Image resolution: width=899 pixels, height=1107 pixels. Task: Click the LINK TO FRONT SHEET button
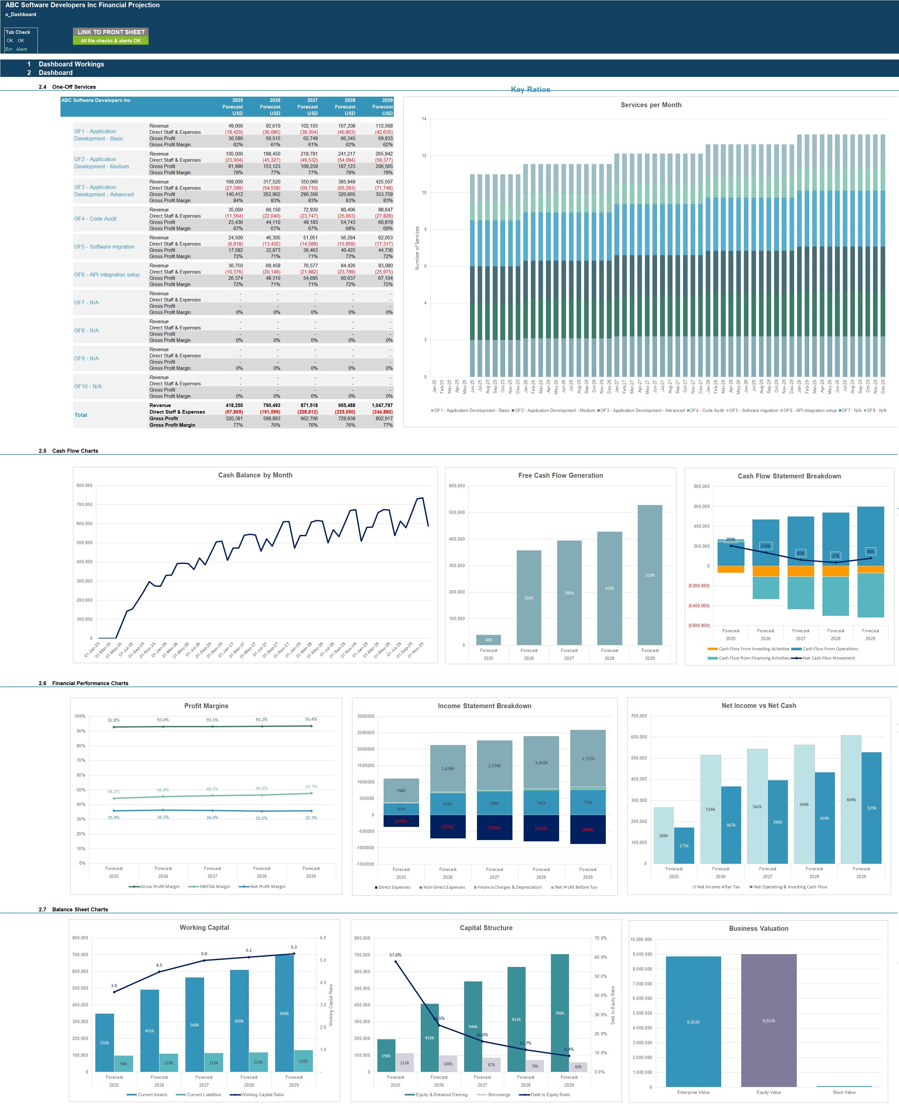point(111,32)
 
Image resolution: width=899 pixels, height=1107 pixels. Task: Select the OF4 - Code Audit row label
point(95,219)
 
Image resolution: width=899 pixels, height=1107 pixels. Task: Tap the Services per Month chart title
point(651,105)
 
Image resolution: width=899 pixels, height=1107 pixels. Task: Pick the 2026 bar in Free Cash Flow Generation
point(529,597)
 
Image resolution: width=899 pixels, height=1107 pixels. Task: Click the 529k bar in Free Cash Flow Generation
point(650,575)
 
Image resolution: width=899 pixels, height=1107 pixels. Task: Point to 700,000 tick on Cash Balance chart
point(84,505)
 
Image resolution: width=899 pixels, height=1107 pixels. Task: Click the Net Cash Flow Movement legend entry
point(828,658)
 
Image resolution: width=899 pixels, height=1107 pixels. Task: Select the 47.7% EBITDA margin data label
point(311,786)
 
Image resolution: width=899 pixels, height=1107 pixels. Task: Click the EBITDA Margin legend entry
point(214,886)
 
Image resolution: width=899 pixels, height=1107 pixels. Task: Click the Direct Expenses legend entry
point(393,887)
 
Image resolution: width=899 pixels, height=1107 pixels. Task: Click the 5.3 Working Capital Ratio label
point(294,947)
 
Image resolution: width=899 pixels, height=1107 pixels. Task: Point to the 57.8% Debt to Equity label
point(395,955)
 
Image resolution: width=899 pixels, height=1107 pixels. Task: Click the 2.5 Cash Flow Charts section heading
point(75,451)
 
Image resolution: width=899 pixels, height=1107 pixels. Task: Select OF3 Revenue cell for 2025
point(234,182)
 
